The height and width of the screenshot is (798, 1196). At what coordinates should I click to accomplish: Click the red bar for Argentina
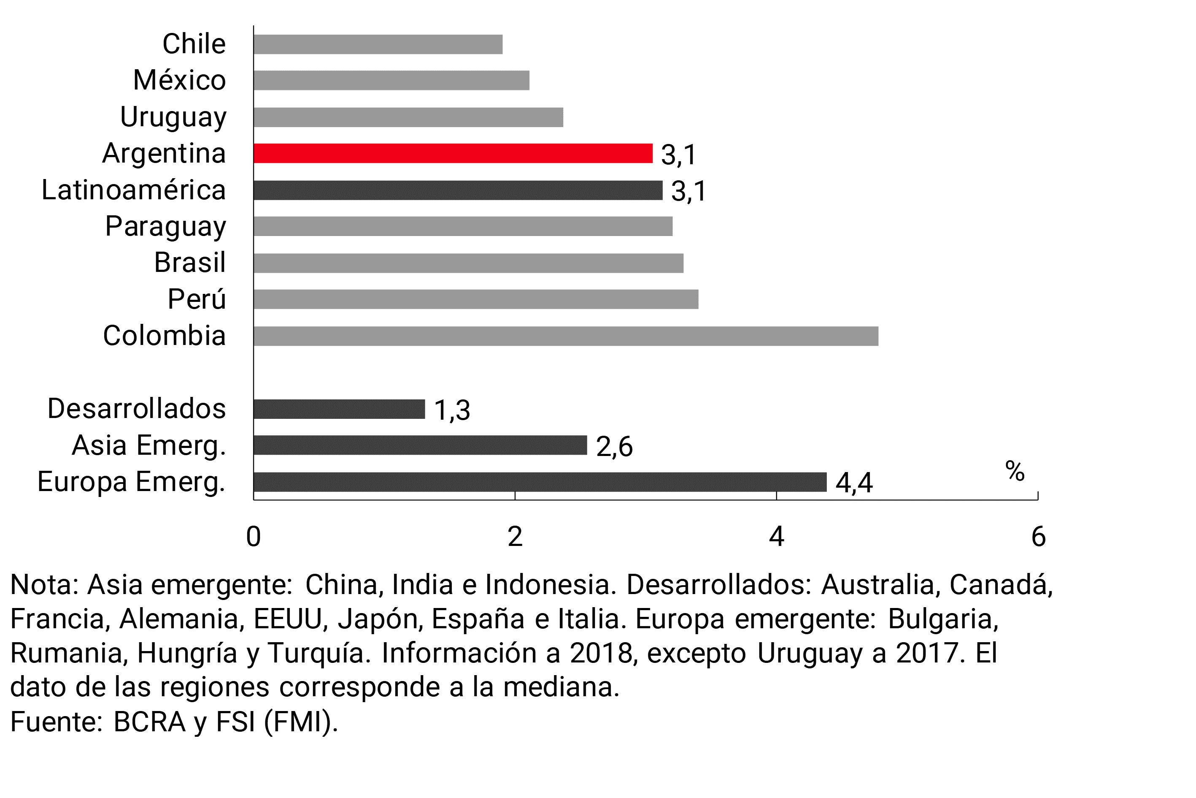coord(453,153)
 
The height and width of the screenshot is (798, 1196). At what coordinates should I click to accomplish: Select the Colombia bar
coord(565,336)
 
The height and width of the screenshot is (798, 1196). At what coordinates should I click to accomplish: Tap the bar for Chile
coord(378,44)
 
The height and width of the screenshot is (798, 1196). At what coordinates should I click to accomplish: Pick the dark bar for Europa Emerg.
coord(540,481)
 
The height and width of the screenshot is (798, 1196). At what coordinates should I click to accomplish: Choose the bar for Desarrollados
coord(339,409)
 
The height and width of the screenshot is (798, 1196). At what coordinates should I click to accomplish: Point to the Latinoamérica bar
coord(458,190)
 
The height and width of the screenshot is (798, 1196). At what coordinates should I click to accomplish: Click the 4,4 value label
coord(854,483)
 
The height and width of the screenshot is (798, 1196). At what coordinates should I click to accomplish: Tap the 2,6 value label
coord(614,446)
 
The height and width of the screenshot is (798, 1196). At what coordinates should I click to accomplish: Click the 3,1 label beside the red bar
coord(678,154)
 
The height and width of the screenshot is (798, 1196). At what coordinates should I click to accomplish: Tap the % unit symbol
coord(1015,471)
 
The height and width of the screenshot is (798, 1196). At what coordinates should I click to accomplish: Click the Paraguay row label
coord(165,226)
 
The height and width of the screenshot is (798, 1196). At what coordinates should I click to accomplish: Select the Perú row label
coord(196,299)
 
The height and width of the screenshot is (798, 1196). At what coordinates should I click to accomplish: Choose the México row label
coord(179,80)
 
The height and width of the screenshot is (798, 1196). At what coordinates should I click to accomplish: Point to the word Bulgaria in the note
coord(943,619)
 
